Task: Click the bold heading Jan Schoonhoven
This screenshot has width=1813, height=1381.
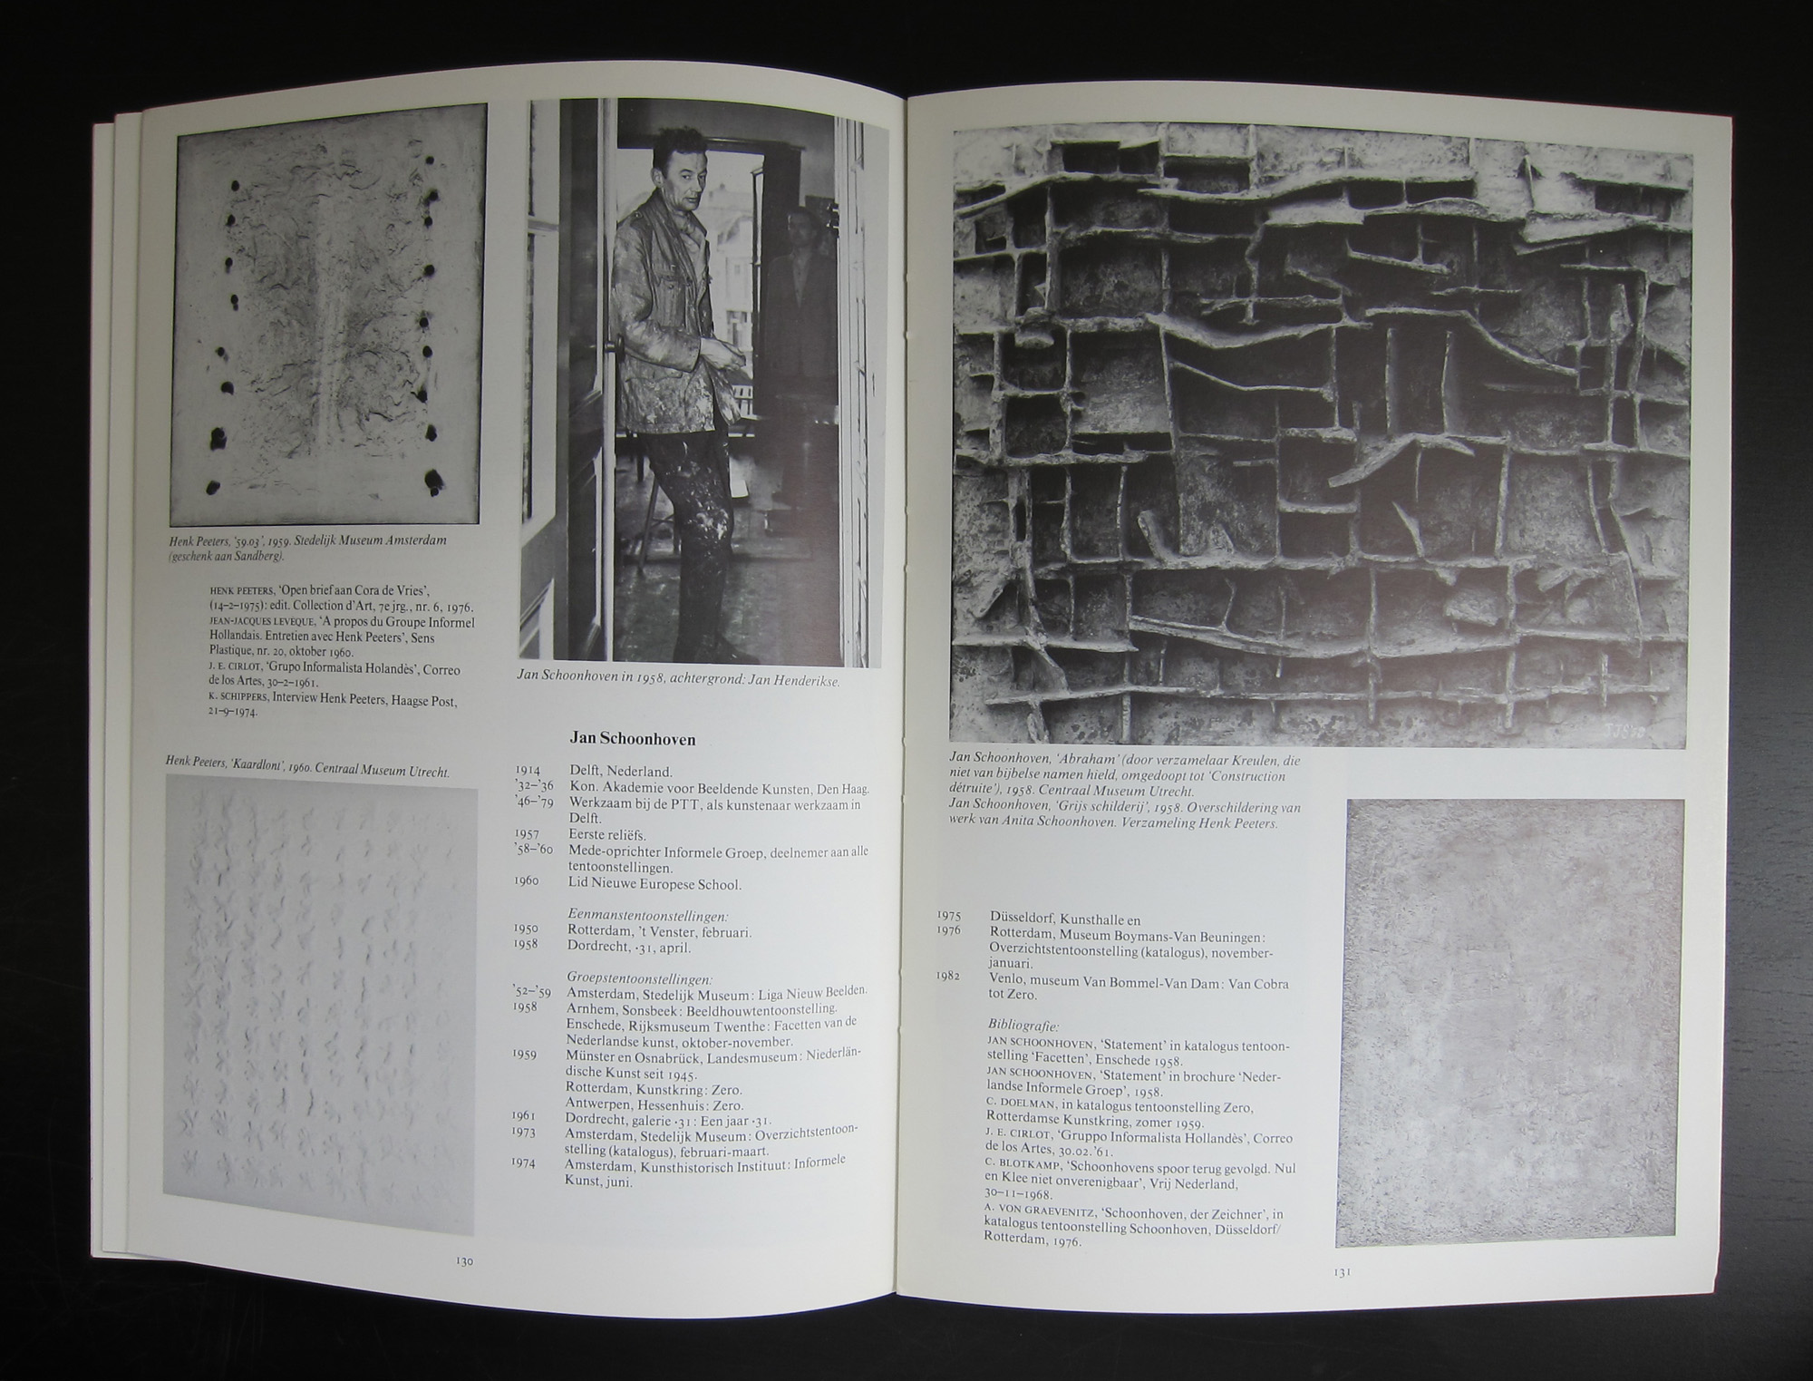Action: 633,739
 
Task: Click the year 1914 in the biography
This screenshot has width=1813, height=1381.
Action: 528,772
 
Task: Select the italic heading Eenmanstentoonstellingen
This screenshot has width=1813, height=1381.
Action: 648,915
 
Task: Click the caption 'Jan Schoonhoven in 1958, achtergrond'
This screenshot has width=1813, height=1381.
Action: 677,676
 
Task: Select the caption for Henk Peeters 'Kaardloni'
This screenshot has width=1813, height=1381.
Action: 307,764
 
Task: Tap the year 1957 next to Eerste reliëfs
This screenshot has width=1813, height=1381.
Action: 527,833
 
